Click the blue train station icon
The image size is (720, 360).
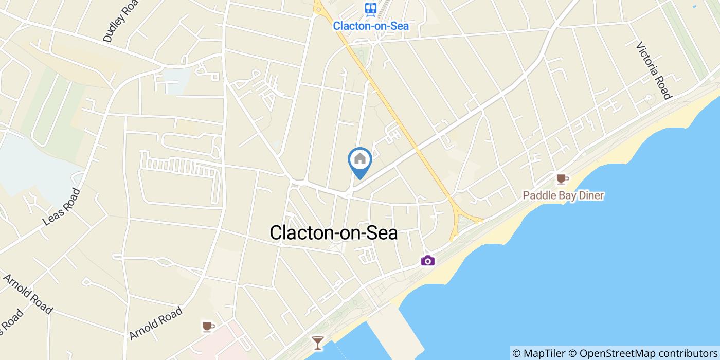click(x=370, y=8)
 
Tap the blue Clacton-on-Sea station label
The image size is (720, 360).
click(x=370, y=25)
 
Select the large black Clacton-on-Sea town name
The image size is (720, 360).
click(x=334, y=233)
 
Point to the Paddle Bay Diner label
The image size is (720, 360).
click(x=563, y=195)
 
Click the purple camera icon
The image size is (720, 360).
click(x=428, y=261)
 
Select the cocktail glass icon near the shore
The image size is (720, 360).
click(x=318, y=343)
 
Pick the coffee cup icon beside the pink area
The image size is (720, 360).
click(x=208, y=327)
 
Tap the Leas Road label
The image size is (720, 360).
click(x=62, y=206)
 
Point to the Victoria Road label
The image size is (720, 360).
click(x=654, y=70)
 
